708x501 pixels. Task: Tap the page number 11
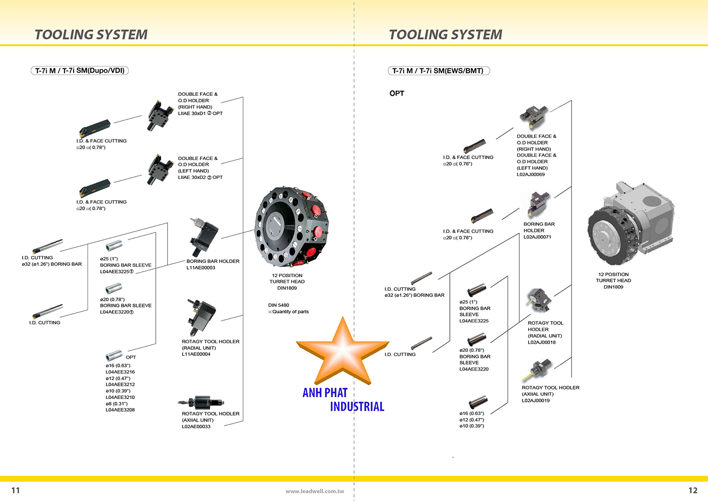[x=16, y=490]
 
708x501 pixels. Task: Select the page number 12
[x=692, y=490]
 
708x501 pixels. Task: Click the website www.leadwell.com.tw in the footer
[x=314, y=491]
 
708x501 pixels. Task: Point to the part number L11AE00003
[x=201, y=268]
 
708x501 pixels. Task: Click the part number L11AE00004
[x=196, y=354]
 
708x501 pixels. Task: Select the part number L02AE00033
[x=196, y=426]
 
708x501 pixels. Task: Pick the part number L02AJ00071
[x=537, y=237]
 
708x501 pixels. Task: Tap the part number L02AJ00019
[x=536, y=400]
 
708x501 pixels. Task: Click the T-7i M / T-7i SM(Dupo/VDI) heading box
[x=80, y=71]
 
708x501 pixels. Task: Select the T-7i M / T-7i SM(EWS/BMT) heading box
[x=438, y=71]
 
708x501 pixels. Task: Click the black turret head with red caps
[x=291, y=227]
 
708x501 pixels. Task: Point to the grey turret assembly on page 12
[x=630, y=222]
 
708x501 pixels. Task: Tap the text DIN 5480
[x=278, y=305]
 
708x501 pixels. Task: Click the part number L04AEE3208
[x=120, y=410]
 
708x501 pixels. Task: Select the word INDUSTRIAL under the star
[x=357, y=407]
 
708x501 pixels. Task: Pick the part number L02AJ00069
[x=531, y=175]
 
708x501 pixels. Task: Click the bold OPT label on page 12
[x=397, y=93]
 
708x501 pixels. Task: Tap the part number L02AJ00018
[x=541, y=342]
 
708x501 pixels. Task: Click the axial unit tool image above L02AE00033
[x=202, y=403]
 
